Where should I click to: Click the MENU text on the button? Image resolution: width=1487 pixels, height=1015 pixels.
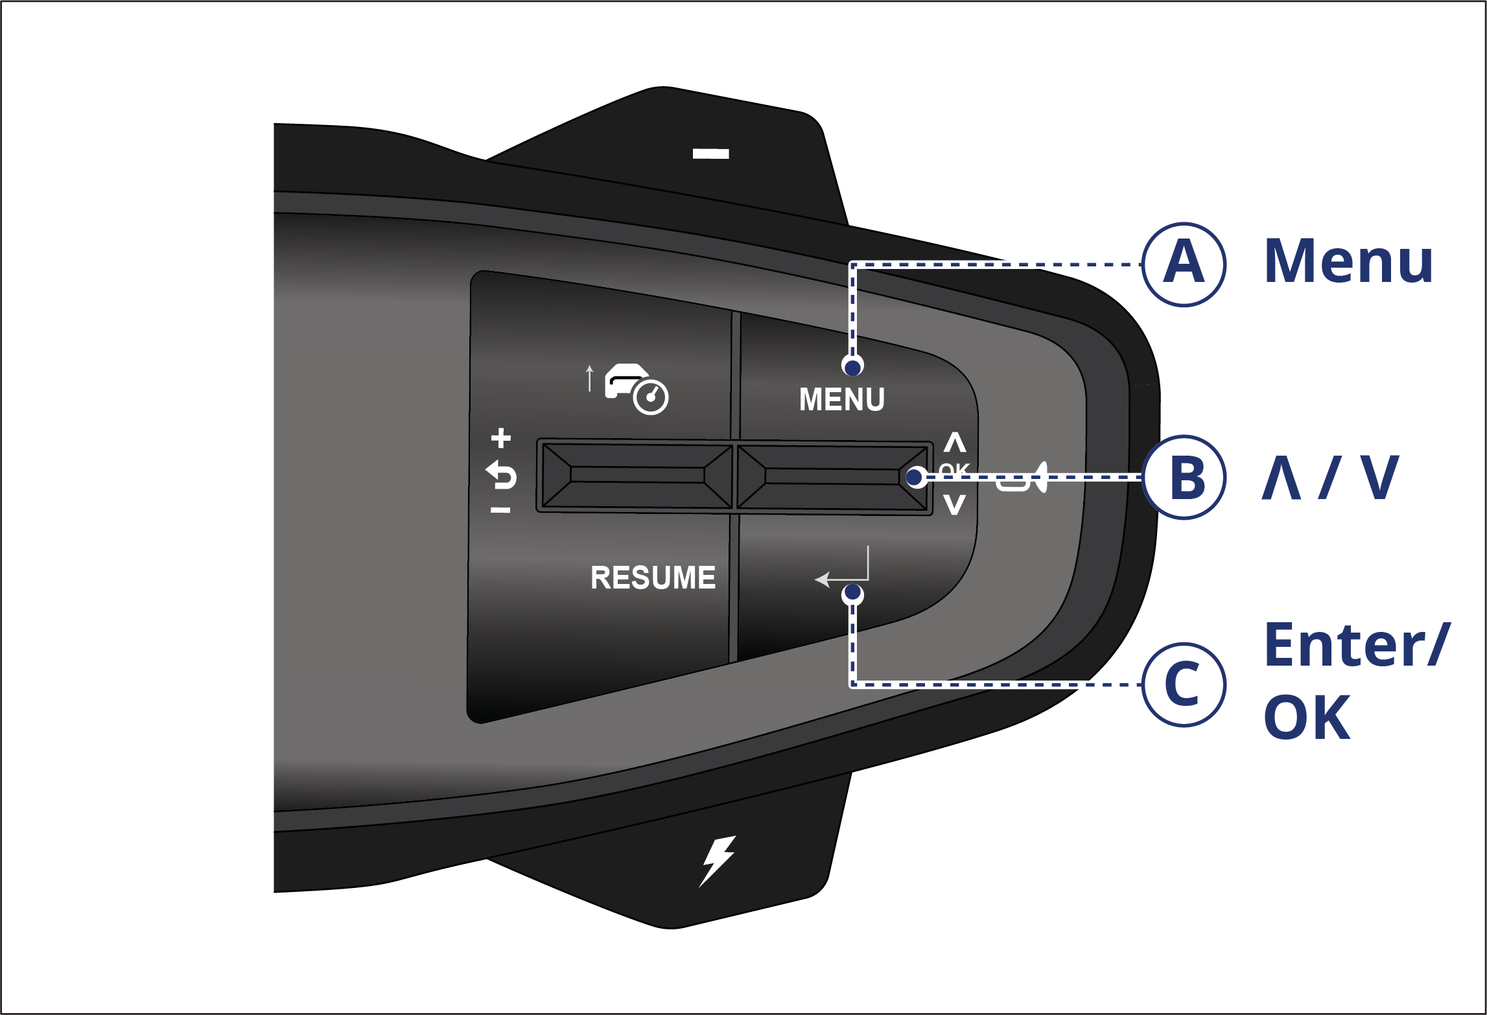[842, 399]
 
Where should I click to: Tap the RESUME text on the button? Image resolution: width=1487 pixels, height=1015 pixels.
[653, 577]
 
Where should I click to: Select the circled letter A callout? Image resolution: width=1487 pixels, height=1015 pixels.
[1184, 264]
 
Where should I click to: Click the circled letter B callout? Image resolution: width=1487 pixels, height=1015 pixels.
[1184, 478]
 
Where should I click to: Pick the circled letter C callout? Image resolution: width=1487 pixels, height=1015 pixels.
[1184, 684]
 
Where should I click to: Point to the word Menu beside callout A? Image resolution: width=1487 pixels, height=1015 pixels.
[1348, 261]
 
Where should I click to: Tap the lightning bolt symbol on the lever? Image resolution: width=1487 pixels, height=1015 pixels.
[717, 861]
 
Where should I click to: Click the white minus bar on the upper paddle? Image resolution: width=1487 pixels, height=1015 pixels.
[711, 154]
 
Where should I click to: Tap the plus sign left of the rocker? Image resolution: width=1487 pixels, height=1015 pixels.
[500, 438]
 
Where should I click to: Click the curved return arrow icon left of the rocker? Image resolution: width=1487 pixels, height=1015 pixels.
[501, 475]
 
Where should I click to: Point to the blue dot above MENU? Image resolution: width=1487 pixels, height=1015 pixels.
[852, 367]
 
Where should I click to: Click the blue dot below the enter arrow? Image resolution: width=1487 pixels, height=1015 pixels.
[852, 593]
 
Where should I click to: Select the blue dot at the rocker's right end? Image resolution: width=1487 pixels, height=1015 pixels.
[915, 478]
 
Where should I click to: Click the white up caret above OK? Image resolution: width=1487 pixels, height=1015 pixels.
[955, 442]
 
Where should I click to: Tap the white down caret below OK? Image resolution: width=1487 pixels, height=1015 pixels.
[955, 504]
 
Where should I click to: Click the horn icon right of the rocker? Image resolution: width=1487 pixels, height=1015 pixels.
[1022, 478]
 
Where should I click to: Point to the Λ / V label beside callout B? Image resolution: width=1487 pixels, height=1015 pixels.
[1330, 478]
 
